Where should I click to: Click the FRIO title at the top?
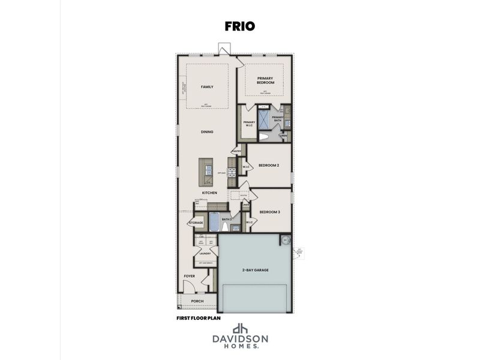pos(240,26)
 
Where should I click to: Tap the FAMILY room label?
pos(207,87)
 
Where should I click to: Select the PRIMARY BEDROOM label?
pos(266,80)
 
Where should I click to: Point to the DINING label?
pos(207,132)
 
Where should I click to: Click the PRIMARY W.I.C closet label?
pos(249,124)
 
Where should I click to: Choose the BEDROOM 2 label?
pos(269,165)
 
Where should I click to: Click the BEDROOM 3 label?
pos(269,211)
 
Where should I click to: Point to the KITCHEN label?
pos(209,193)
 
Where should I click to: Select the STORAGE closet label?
pos(196,223)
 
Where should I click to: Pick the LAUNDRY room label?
pos(205,254)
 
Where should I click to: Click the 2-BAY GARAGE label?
pos(256,271)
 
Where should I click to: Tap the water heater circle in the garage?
pos(284,239)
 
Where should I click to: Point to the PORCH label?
pos(197,301)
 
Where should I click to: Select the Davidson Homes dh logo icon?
pos(240,329)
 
